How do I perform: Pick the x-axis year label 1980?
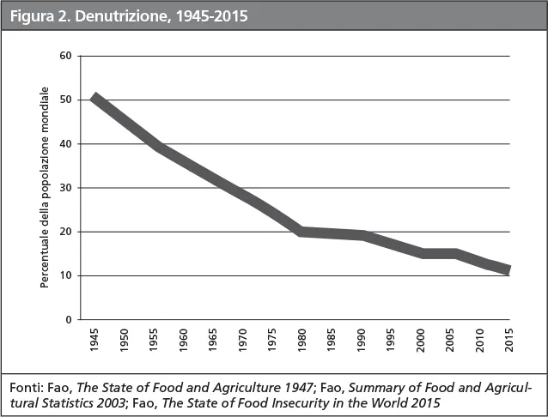click(x=301, y=339)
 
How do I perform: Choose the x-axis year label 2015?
click(x=508, y=339)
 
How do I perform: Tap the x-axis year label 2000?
click(x=420, y=339)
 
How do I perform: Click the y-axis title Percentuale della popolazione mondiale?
click(x=45, y=187)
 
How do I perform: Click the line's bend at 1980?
click(x=301, y=231)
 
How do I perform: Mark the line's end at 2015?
click(x=508, y=269)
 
